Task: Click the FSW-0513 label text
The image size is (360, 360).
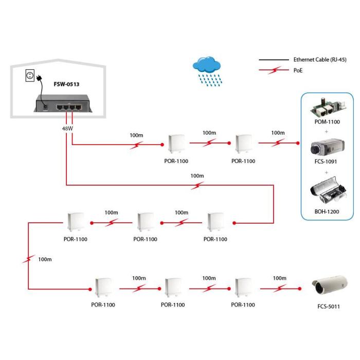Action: pos(66,83)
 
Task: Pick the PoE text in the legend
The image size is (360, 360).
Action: pos(298,70)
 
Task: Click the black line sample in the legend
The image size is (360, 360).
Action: pos(275,60)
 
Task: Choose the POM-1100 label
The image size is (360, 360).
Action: pos(327,122)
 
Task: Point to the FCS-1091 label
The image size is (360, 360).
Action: pos(327,161)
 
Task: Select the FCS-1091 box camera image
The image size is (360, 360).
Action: pos(326,148)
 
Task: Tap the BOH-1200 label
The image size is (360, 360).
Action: pos(327,211)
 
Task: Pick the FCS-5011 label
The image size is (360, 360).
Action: pos(329,307)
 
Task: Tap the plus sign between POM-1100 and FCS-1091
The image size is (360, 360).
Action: pos(327,132)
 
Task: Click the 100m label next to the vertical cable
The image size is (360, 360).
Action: pos(45,259)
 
